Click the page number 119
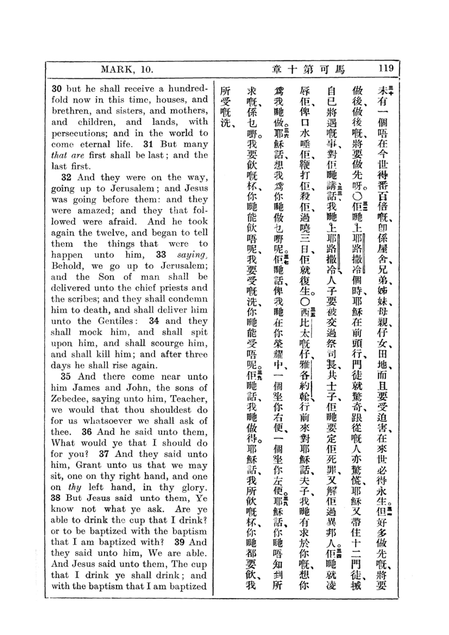point(386,68)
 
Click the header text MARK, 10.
point(127,69)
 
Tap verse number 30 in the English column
point(56,89)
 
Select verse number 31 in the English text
point(148,144)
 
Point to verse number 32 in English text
point(66,177)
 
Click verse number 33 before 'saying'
point(161,255)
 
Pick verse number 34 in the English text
point(153,321)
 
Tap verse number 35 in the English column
point(66,376)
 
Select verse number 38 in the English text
point(56,498)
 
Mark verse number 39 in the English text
point(179,542)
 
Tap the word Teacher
point(188,399)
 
